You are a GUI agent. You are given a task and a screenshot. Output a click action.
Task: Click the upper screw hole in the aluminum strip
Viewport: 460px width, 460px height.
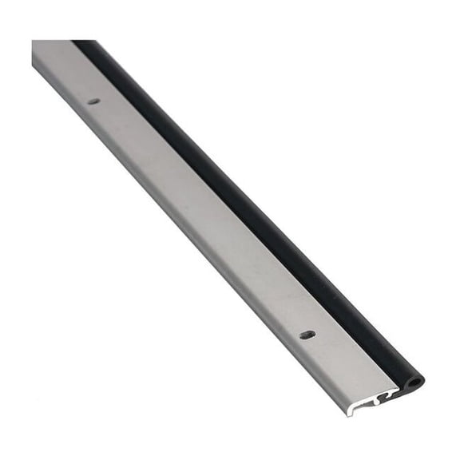click(x=94, y=101)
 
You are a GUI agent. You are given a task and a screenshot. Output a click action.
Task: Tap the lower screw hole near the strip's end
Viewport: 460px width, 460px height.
click(x=307, y=335)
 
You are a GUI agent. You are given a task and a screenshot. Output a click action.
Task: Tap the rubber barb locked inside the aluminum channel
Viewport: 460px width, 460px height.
click(x=391, y=392)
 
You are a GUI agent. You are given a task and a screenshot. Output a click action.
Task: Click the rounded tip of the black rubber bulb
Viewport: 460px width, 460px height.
click(x=418, y=381)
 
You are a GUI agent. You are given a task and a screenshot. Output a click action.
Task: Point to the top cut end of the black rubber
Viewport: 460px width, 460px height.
click(x=84, y=42)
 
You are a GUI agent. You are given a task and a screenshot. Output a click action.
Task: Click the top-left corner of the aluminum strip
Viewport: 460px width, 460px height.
click(x=34, y=42)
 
